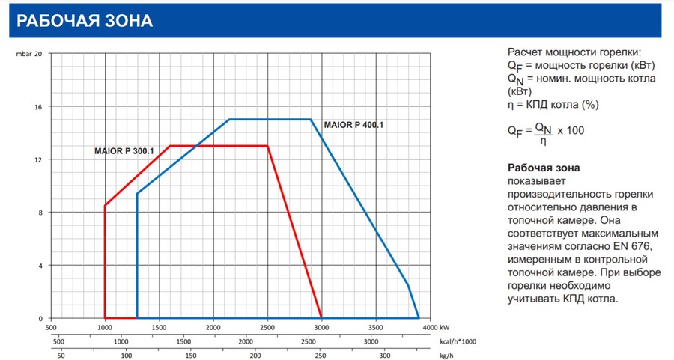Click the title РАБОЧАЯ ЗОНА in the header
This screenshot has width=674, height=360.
click(85, 20)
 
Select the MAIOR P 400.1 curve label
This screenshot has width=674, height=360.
click(353, 124)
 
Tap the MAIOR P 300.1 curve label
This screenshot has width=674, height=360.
click(124, 151)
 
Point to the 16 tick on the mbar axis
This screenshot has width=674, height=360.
click(38, 106)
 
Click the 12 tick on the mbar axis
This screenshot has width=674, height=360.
click(38, 159)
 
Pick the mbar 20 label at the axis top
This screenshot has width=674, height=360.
click(29, 54)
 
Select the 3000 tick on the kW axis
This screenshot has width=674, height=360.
click(321, 328)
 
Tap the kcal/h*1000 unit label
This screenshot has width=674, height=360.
click(456, 341)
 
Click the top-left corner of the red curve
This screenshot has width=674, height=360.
click(171, 146)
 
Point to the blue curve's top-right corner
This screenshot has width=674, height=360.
click(311, 120)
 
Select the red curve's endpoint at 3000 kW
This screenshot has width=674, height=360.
click(321, 318)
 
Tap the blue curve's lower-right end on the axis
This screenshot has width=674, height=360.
click(419, 318)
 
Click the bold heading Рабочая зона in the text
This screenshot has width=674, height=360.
click(544, 168)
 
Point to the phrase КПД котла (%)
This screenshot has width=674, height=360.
click(559, 104)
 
